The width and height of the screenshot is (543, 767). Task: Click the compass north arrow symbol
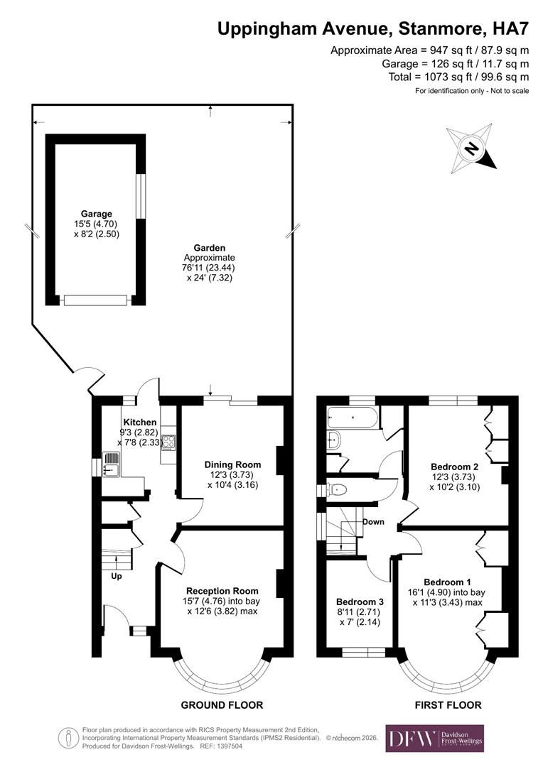pos(471,148)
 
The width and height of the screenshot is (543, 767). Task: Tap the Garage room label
pos(96,214)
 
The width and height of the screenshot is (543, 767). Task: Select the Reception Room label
pos(222,590)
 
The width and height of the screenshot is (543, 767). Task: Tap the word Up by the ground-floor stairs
pos(116,576)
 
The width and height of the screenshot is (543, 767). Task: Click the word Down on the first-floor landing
pos(373,522)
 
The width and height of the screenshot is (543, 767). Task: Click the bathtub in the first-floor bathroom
pos(353,417)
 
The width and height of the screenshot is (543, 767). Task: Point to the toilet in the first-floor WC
pos(337,489)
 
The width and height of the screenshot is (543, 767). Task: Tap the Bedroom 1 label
pos(448,581)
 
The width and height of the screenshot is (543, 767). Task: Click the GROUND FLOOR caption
pos(222,705)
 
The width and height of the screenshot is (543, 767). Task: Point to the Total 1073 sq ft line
pos(458,77)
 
